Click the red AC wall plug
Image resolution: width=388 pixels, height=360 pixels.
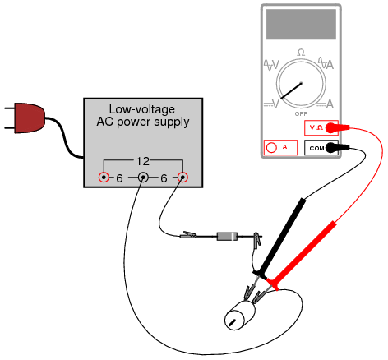29,118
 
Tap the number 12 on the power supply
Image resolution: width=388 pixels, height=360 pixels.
143,161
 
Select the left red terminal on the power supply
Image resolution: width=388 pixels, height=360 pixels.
104,178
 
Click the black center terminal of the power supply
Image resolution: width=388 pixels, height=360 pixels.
143,178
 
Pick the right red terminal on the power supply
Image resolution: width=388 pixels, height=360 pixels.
182,178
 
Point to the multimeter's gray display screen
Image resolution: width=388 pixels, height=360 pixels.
301,25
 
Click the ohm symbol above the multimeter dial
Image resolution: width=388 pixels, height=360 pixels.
301,53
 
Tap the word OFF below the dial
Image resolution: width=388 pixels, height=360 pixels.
301,113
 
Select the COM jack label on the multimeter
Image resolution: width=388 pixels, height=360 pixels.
316,149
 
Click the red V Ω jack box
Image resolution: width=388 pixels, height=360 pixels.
321,127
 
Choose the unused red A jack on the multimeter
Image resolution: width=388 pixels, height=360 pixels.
280,148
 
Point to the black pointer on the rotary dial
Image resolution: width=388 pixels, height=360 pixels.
291,90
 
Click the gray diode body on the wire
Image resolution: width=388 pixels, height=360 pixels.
227,237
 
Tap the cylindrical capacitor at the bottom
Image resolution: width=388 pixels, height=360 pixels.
239,316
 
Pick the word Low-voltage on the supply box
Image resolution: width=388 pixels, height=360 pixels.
142,109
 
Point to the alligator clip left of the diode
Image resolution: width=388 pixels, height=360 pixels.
188,235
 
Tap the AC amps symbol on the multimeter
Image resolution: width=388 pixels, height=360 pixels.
326,64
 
